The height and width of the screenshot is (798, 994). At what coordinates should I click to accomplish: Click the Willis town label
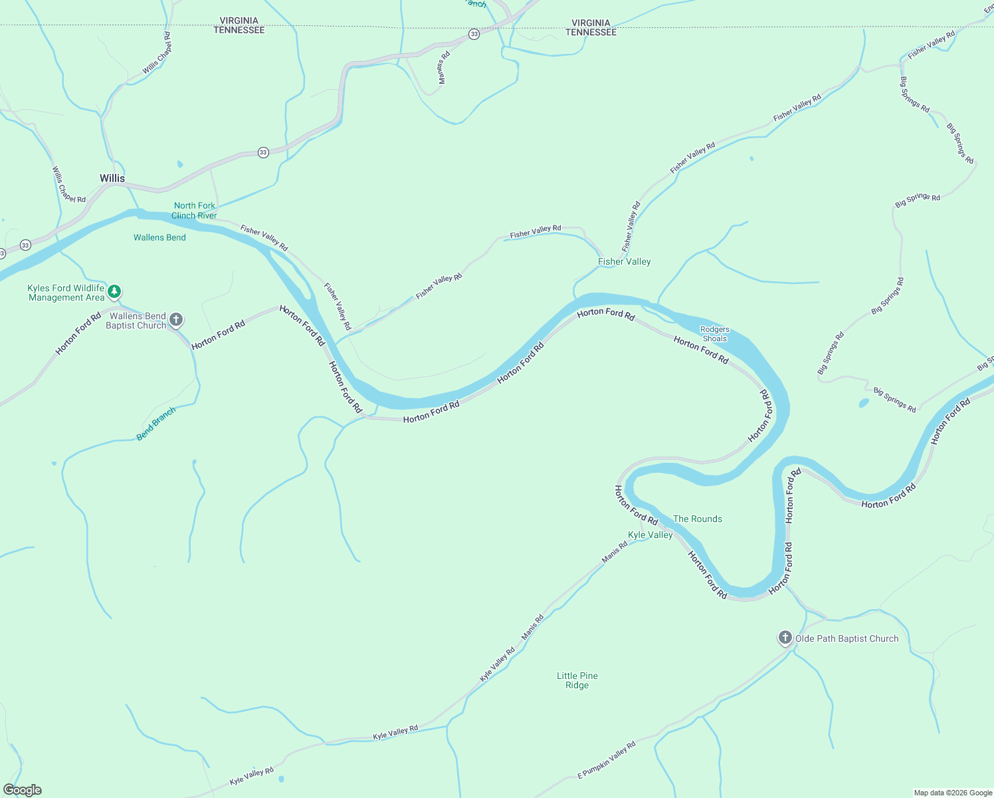coord(112,178)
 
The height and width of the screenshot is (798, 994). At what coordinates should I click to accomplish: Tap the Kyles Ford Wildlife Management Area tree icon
coord(114,291)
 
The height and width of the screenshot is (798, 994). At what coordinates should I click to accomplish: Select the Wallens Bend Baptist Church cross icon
coord(176,320)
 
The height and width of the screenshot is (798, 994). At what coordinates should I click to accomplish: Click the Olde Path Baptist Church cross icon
coord(785,638)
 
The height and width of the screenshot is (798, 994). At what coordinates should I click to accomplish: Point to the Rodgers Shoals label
coord(715,334)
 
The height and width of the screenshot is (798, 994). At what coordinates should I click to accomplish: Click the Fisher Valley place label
coord(624,262)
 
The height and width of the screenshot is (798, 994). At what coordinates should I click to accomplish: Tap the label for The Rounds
coord(697,519)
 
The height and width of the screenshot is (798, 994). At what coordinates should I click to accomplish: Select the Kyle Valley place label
coord(650,535)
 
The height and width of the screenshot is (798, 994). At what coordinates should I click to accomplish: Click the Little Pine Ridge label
coord(577,680)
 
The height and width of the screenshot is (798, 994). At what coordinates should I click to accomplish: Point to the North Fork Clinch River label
coord(194,211)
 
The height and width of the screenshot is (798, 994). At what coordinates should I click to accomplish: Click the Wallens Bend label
coord(159,238)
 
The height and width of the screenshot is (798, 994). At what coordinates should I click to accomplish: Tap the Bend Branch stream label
coord(156,424)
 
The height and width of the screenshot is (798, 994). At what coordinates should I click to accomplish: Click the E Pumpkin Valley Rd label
coord(606,760)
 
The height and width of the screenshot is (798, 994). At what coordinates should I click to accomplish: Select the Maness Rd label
coord(444,68)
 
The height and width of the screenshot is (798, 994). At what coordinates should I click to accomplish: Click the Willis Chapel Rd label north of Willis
coord(157,53)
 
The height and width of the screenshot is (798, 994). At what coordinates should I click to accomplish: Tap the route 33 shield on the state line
coord(474,34)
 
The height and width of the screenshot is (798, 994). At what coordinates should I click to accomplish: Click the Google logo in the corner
coord(22,790)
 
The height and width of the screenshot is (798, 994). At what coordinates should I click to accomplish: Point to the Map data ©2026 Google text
coord(952,793)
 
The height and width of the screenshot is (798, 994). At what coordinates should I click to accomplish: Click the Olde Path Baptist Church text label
coord(846,639)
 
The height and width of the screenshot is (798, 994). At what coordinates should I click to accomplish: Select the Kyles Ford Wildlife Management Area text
coord(66,293)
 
